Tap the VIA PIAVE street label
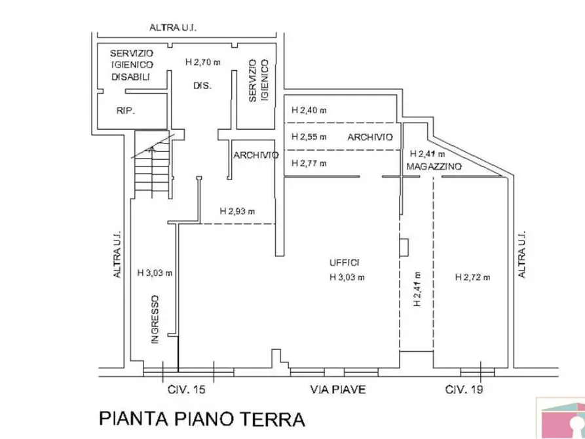coord(337,390)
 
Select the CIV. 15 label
coord(187,390)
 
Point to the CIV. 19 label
coord(464,390)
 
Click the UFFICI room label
coord(345,263)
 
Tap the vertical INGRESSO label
coord(155,319)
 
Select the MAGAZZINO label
coord(434,167)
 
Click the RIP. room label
coord(125,111)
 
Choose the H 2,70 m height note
coord(203,63)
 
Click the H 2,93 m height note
coord(237,211)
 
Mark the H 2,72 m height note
coord(473,277)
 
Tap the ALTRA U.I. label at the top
coord(174,28)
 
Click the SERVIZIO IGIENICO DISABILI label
coord(131,65)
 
